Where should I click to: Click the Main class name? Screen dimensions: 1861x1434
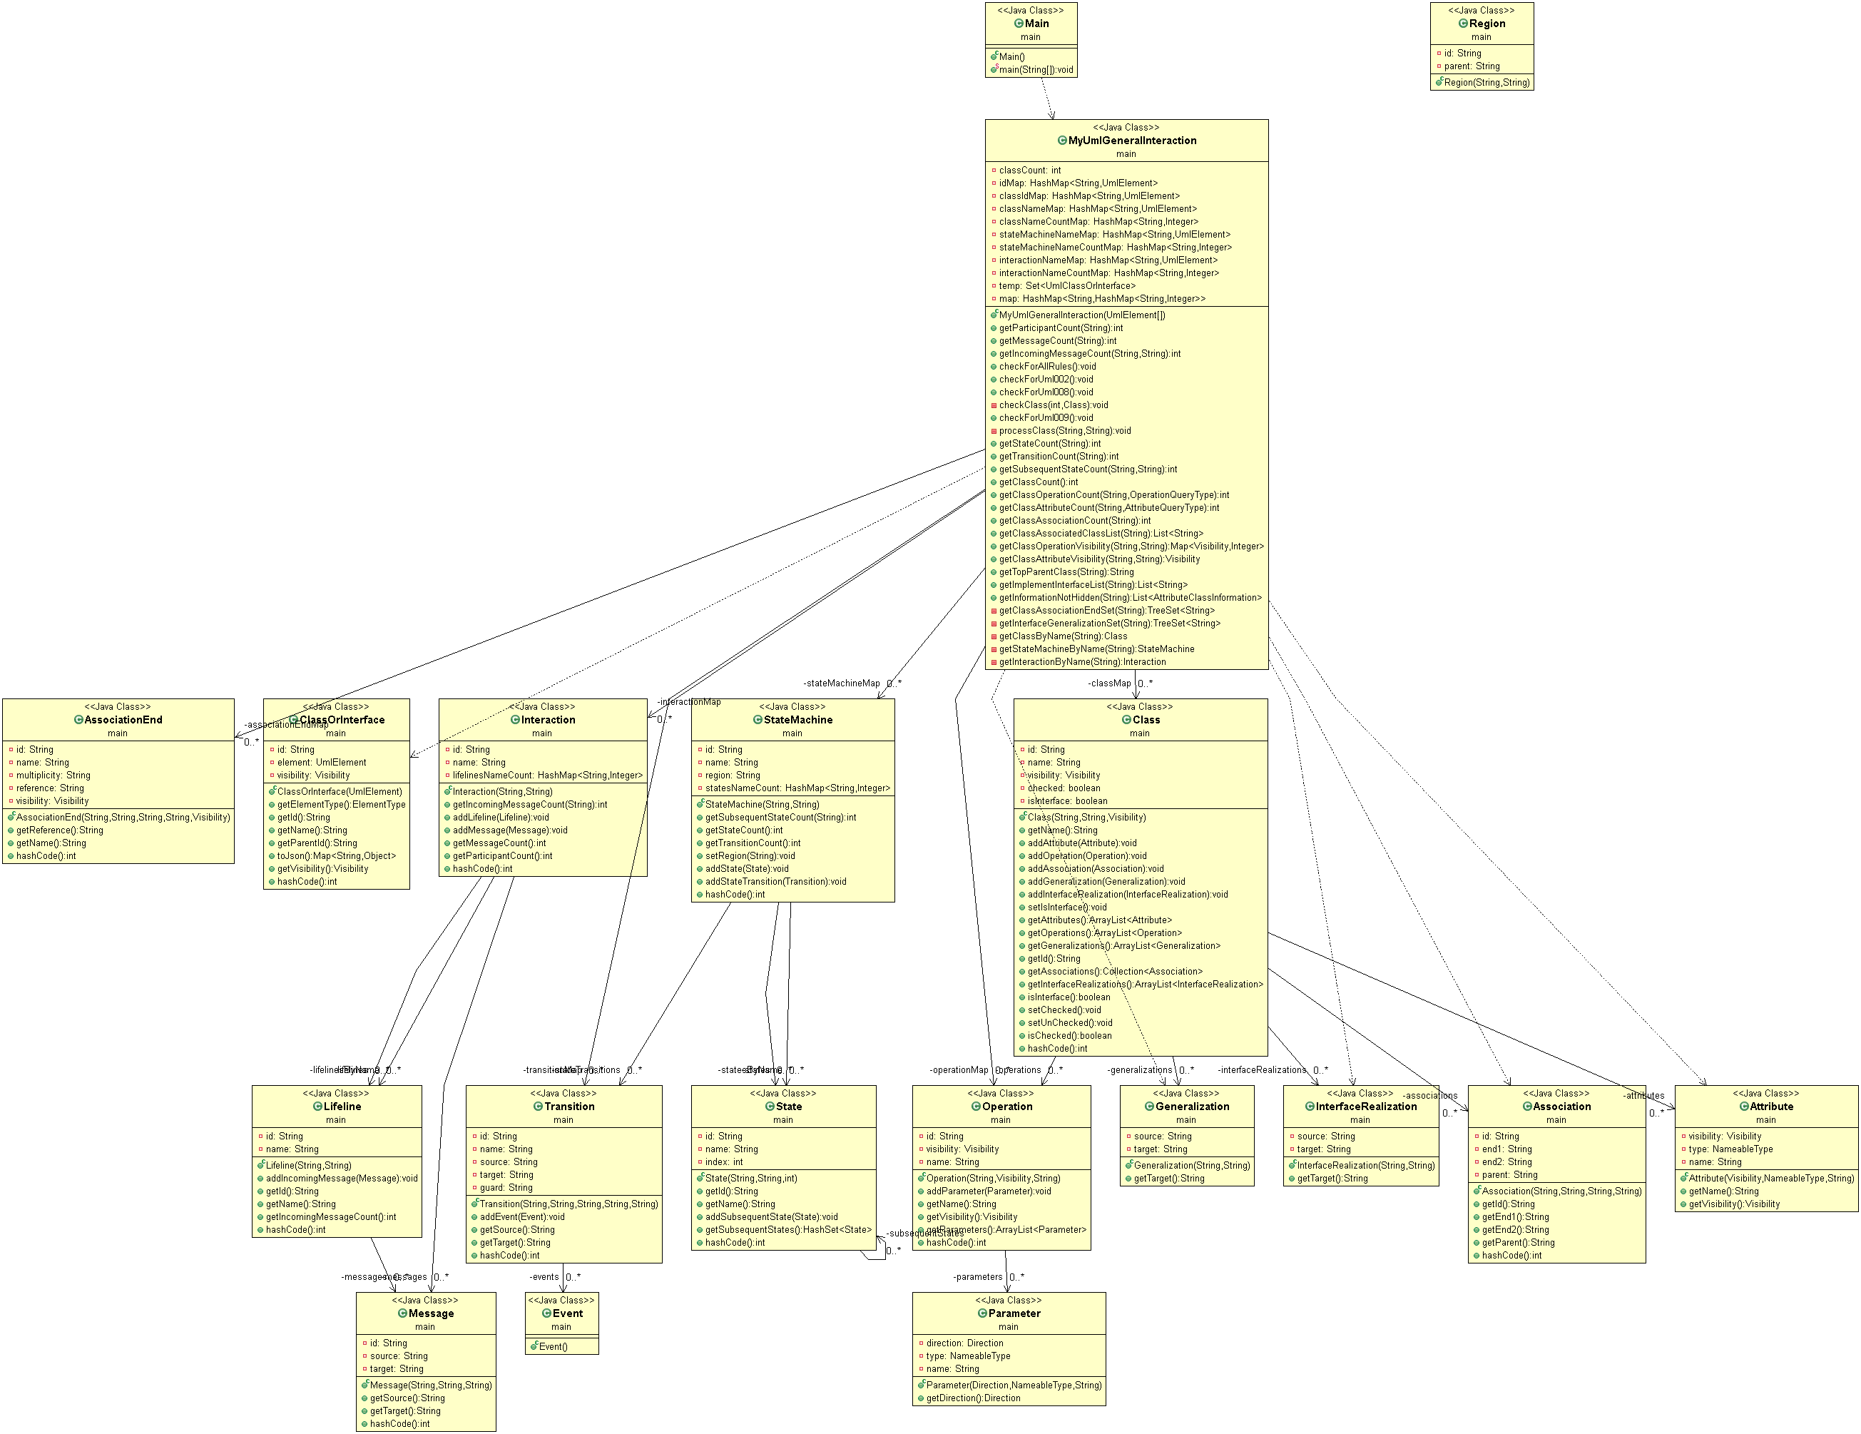click(1036, 24)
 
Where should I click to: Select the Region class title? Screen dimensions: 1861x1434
click(1487, 24)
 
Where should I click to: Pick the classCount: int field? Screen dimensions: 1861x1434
click(1029, 171)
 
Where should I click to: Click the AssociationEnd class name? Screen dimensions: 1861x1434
click(123, 720)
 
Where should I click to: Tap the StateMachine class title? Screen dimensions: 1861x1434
click(797, 720)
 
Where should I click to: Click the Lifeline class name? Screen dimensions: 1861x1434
click(342, 1107)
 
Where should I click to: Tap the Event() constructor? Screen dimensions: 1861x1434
click(552, 1347)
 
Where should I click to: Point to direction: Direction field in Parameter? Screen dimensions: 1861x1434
click(964, 1343)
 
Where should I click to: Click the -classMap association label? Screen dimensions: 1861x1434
click(1109, 683)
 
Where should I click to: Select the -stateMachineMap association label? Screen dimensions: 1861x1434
click(841, 683)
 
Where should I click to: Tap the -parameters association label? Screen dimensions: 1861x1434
click(978, 1277)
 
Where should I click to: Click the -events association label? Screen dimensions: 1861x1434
click(544, 1277)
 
